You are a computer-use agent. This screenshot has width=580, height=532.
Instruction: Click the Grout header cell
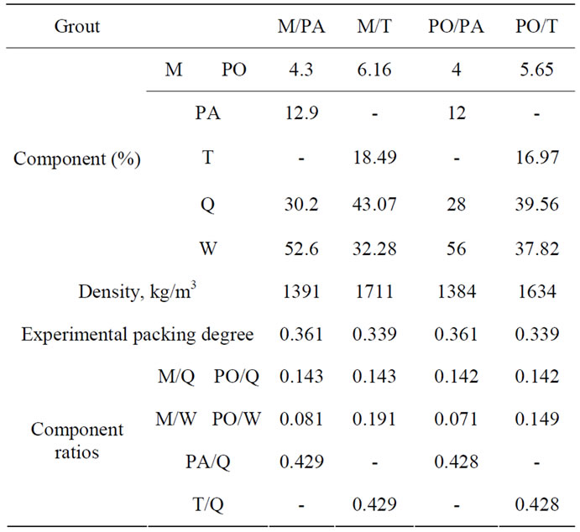tap(77, 26)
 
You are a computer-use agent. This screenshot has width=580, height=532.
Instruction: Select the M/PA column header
tap(301, 26)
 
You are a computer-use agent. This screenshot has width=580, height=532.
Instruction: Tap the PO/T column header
tap(538, 26)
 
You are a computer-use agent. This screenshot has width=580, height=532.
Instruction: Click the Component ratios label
tap(77, 440)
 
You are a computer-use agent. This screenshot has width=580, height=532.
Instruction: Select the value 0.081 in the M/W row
tap(301, 419)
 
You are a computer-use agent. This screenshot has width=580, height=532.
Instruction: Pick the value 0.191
tap(374, 419)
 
